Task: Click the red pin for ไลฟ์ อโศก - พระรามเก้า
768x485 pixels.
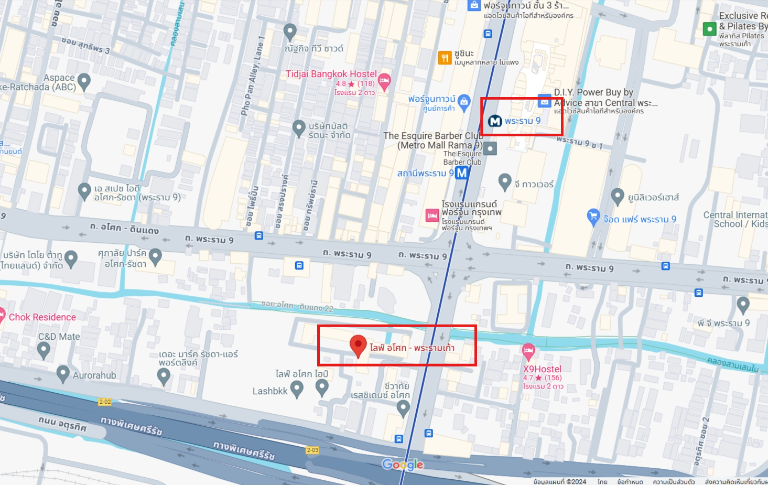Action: (358, 346)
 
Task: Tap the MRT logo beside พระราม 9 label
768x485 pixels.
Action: (495, 121)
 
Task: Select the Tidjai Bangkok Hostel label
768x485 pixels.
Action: (331, 74)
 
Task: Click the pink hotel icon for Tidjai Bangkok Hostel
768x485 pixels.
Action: (384, 81)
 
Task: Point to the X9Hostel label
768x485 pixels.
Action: (542, 369)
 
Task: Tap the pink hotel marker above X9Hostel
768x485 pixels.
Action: (528, 350)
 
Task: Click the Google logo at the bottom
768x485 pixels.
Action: (403, 465)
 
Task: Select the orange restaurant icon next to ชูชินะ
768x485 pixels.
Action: (445, 58)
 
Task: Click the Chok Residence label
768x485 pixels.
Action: (42, 317)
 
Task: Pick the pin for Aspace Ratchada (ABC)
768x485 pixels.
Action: (84, 81)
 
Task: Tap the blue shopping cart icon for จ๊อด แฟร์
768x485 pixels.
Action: (593, 216)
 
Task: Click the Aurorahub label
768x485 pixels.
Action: (94, 375)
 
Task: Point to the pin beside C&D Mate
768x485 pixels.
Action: (44, 349)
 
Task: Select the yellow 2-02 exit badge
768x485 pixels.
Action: (105, 402)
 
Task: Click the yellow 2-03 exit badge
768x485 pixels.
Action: (312, 450)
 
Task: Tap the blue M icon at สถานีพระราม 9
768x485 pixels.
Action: (462, 173)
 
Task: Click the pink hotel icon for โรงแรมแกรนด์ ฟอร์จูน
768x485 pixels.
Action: (432, 215)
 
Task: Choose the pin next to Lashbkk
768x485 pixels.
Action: (297, 389)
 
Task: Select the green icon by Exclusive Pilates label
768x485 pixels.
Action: (709, 29)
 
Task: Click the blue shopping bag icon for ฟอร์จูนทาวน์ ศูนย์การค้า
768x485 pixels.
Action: (464, 102)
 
